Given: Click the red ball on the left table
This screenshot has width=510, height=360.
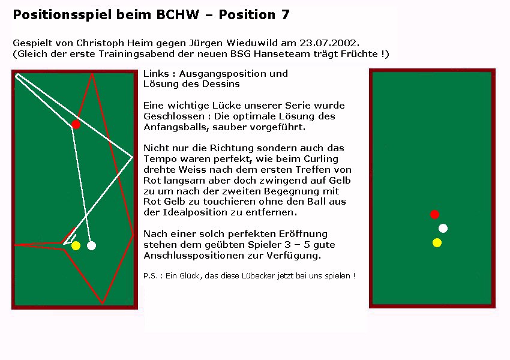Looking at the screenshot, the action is [x=76, y=124].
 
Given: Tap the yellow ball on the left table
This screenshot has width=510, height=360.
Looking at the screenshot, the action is [x=76, y=245].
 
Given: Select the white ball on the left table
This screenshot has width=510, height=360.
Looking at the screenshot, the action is [x=91, y=245].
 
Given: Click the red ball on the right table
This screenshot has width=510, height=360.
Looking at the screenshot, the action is [x=434, y=214].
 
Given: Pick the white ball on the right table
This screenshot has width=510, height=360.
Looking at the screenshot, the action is [x=443, y=228].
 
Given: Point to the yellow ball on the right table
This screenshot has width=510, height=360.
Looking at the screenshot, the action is [x=437, y=242].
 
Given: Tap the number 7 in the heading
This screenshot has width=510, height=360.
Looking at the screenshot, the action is [x=285, y=14].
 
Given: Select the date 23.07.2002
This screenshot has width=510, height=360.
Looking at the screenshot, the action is [x=329, y=43].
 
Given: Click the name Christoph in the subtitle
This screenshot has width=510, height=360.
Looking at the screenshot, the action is [x=100, y=43].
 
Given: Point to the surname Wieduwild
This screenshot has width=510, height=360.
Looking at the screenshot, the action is [x=253, y=43].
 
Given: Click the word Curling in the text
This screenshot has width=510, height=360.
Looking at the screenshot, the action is [x=321, y=159].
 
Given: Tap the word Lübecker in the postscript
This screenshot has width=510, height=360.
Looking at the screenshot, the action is [x=258, y=276].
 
